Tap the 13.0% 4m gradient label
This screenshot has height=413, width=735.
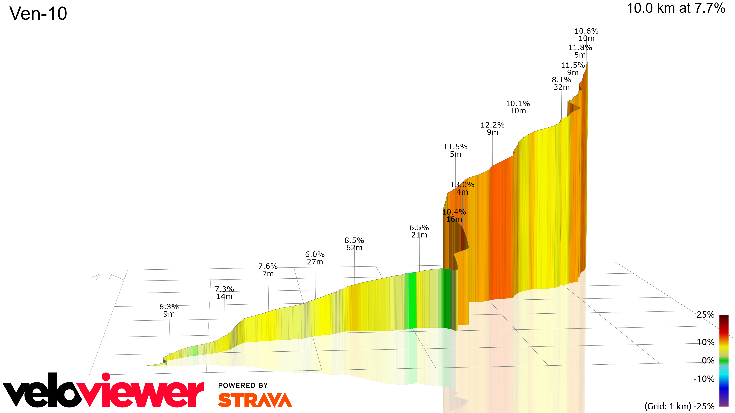click(x=462, y=188)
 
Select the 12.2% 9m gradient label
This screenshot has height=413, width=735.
click(x=492, y=128)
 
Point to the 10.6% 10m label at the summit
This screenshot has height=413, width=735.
click(x=586, y=34)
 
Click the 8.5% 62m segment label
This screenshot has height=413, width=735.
click(x=354, y=244)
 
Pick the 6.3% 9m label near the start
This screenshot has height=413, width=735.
click(x=169, y=310)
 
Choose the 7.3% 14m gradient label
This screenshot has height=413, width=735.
click(x=224, y=293)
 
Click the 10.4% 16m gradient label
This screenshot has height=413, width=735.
click(x=454, y=215)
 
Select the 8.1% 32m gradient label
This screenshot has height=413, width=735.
click(x=562, y=84)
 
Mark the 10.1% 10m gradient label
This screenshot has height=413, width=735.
click(x=518, y=107)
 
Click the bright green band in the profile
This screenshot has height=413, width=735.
click(x=412, y=301)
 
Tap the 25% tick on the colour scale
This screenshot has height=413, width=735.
click(x=705, y=315)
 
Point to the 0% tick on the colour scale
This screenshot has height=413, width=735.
click(x=708, y=361)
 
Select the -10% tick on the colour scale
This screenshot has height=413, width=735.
click(x=704, y=379)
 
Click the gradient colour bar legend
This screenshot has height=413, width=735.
click(x=724, y=360)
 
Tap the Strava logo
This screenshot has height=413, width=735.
click(x=255, y=400)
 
